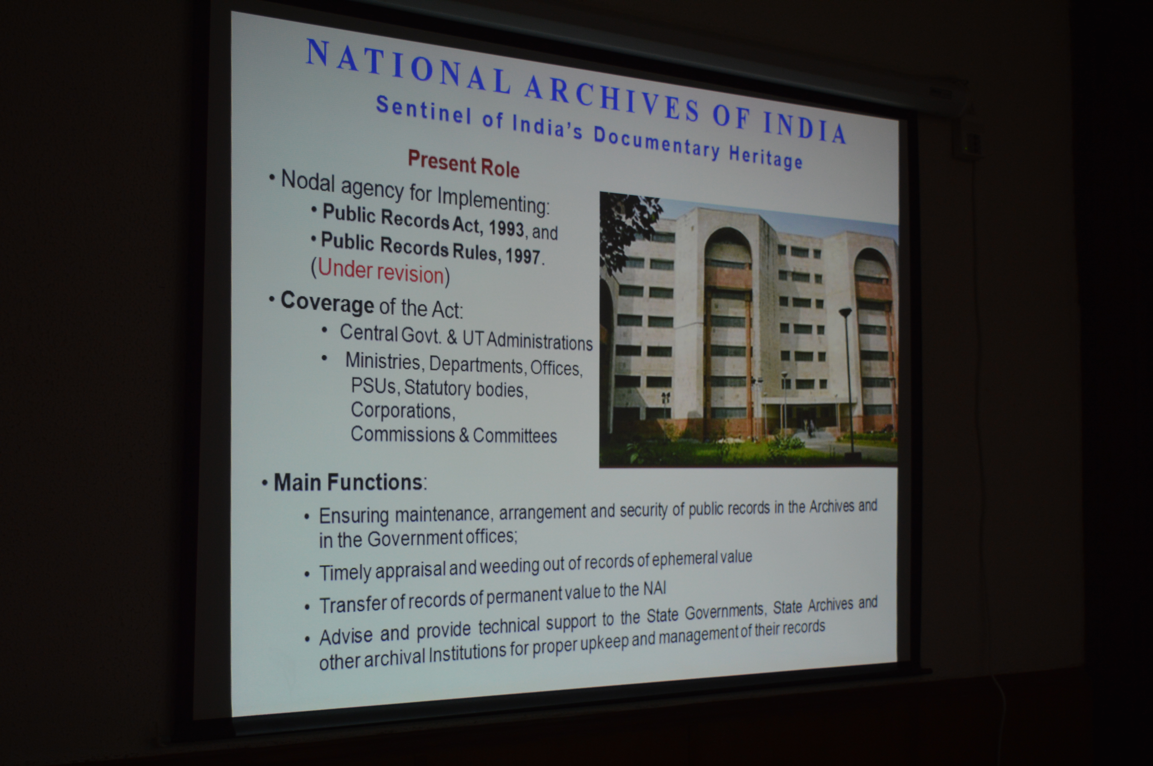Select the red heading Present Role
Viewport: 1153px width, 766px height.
pyautogui.click(x=463, y=164)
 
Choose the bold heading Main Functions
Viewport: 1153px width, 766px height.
pyautogui.click(x=348, y=482)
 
